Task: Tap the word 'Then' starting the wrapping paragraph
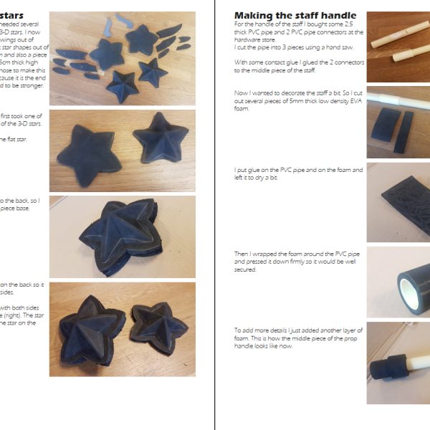click(242, 253)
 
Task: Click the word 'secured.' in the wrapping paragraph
click(245, 270)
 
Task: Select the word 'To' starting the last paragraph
click(238, 329)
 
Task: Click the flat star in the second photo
click(89, 150)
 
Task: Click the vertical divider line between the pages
click(215, 215)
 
